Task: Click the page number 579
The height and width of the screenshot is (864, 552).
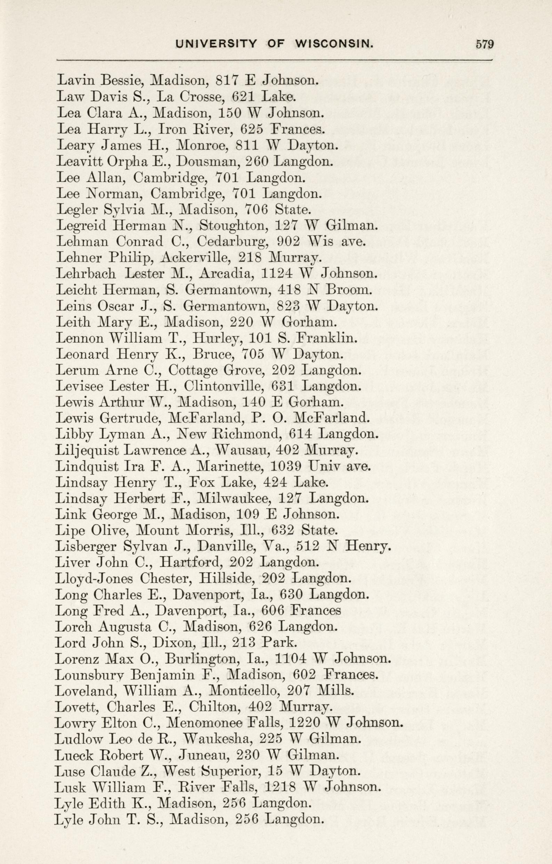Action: [x=485, y=44]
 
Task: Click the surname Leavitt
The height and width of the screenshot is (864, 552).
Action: [x=79, y=161]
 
